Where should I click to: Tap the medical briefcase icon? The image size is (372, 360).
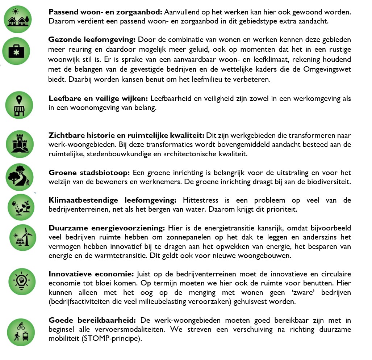point(16,51)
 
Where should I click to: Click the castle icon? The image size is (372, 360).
point(20,144)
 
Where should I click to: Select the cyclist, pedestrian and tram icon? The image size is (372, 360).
point(21,332)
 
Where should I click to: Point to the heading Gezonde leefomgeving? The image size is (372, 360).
point(92,39)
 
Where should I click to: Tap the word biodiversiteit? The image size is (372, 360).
point(329,182)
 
